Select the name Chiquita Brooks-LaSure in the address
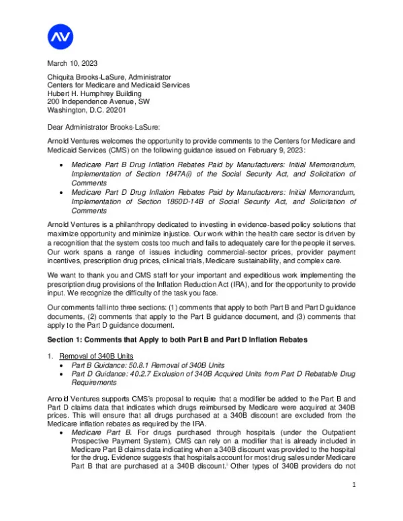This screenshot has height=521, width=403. (89, 77)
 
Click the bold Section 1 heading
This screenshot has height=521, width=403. (177, 340)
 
